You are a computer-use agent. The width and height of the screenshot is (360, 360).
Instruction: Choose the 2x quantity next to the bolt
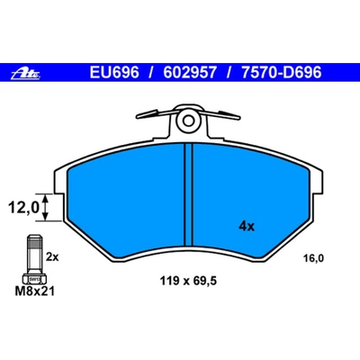[x=52, y=258]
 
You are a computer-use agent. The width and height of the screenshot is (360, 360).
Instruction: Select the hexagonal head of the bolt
[x=31, y=281]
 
